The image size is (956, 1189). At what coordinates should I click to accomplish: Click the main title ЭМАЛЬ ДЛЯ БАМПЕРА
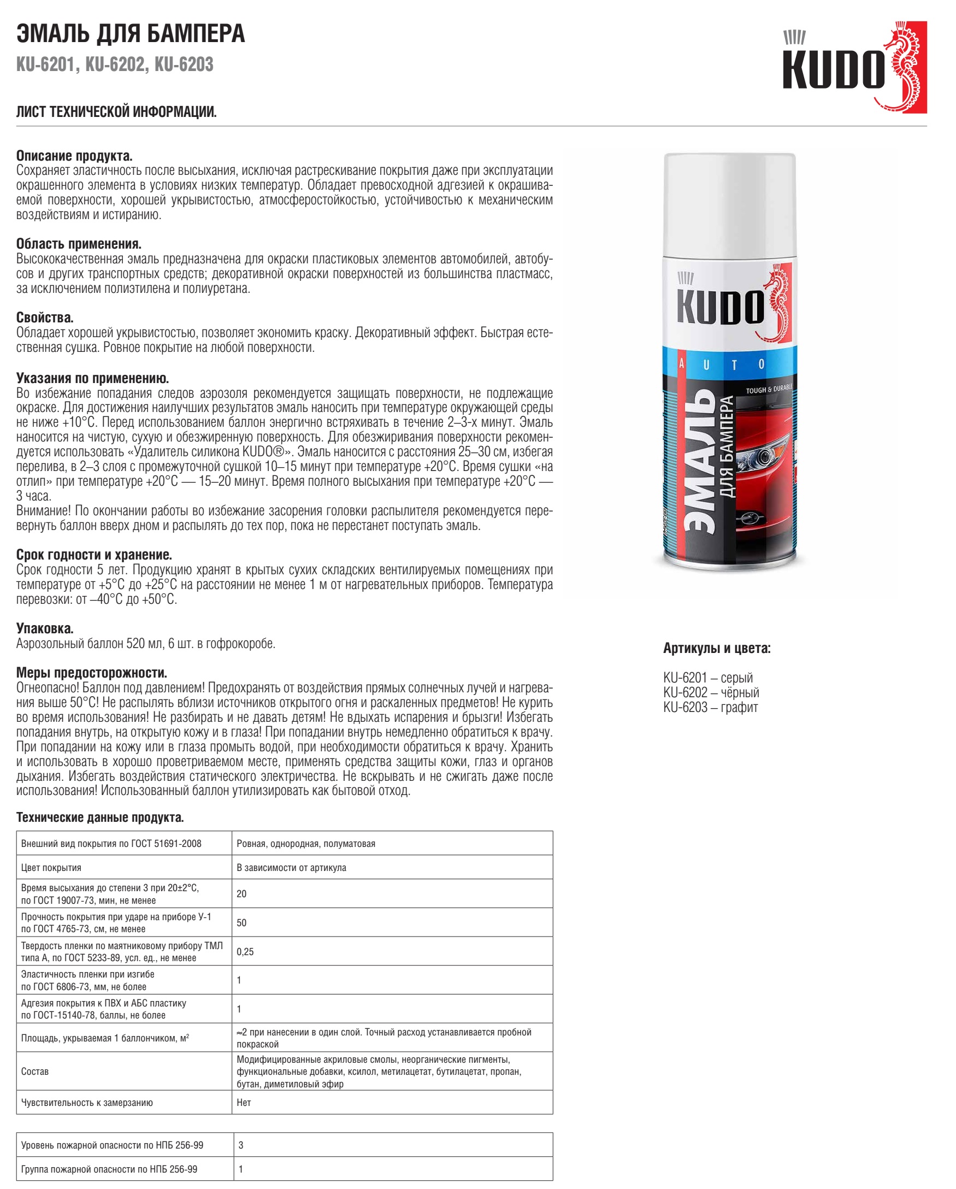(131, 34)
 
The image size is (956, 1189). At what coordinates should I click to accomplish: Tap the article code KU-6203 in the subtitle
(184, 64)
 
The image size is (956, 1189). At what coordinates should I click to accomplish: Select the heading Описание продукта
(74, 156)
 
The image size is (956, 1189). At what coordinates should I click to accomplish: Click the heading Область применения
(79, 244)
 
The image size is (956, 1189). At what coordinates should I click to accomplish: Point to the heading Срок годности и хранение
(94, 555)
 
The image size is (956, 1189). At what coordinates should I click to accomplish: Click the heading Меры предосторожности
(92, 673)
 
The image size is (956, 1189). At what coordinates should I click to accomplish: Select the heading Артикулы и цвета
(717, 649)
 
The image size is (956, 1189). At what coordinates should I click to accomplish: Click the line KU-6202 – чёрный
(711, 693)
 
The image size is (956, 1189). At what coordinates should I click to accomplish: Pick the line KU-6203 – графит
(710, 708)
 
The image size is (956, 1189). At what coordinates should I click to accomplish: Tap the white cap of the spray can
(729, 204)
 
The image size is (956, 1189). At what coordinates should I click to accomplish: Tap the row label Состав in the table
(35, 1072)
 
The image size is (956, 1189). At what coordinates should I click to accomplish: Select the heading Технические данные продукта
(100, 817)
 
